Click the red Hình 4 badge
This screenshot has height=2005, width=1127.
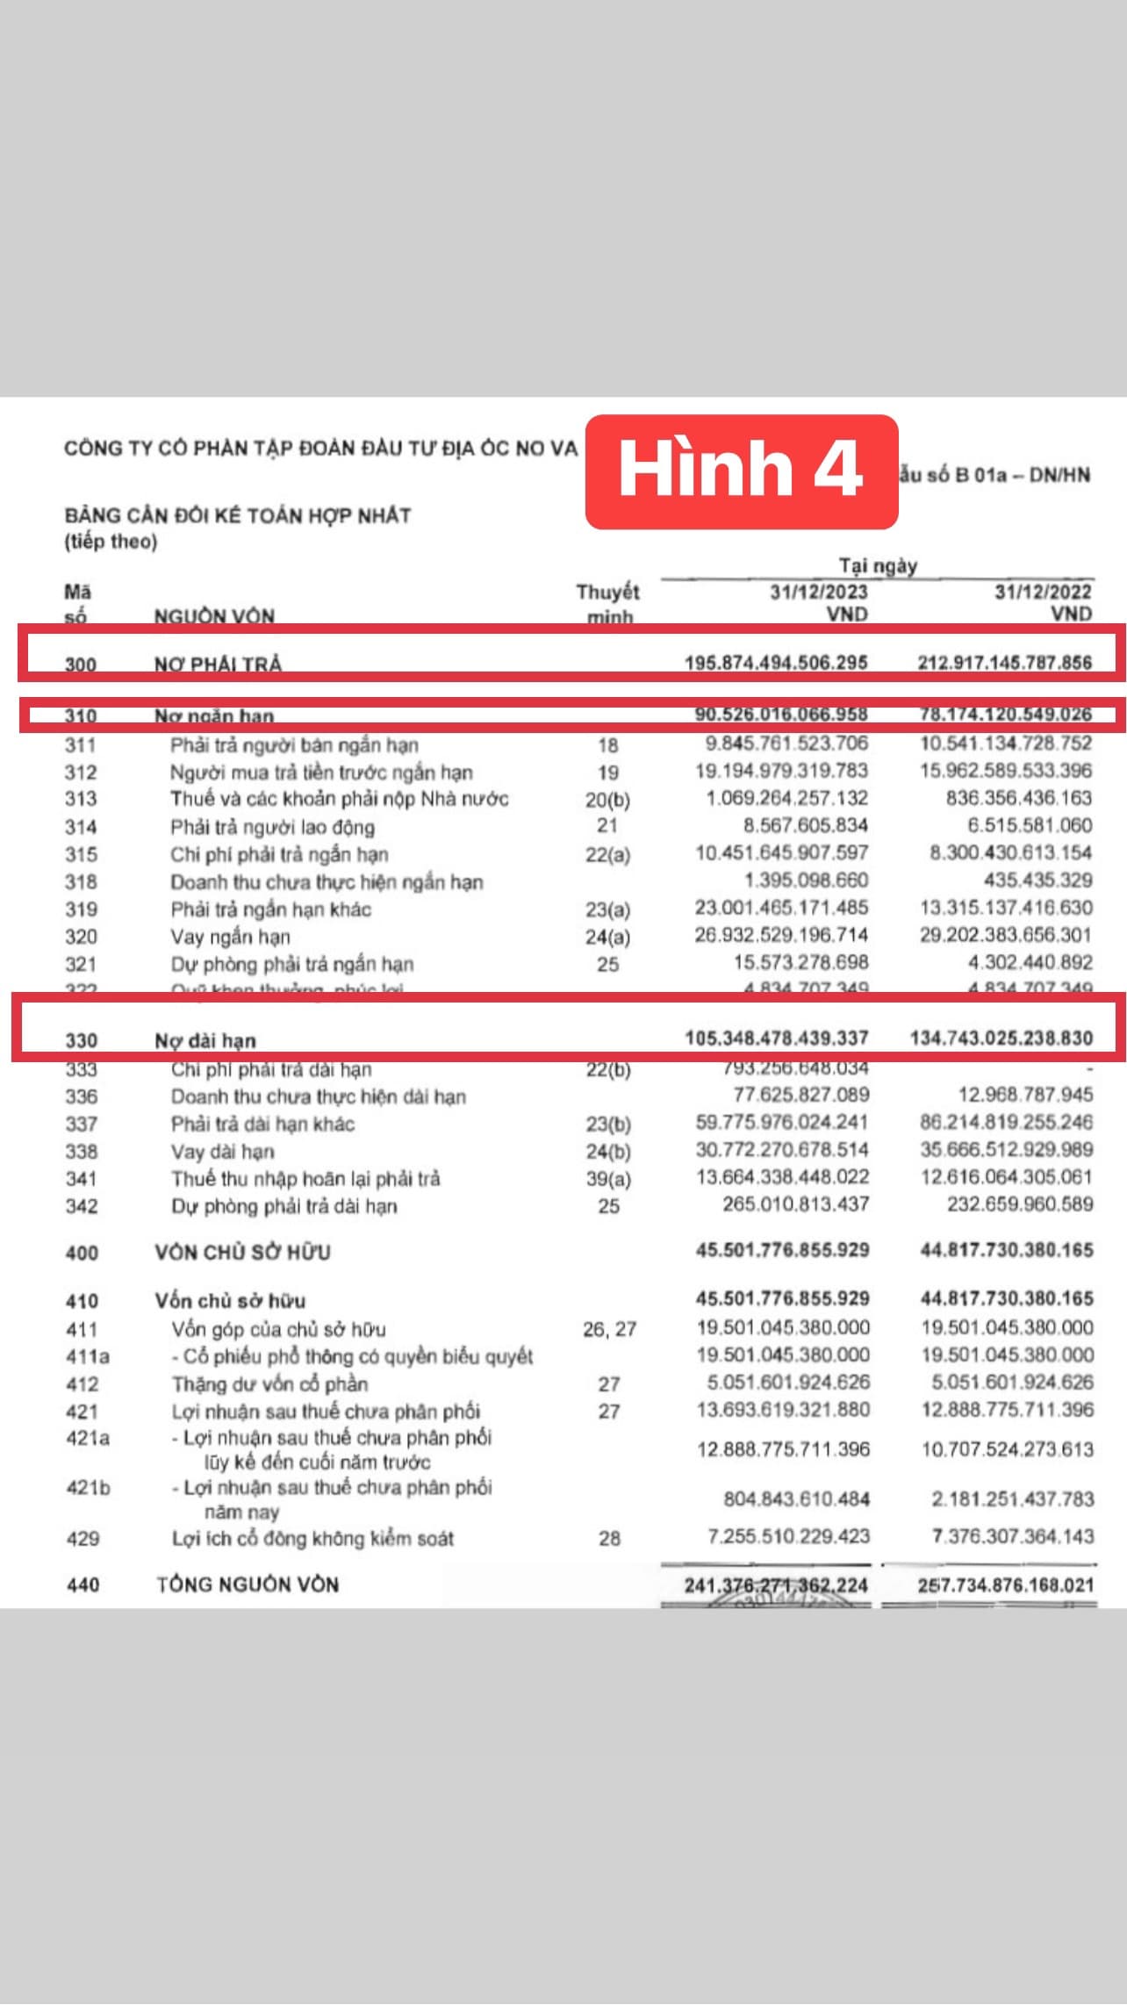tap(741, 471)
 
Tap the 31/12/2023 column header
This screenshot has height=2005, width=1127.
tap(818, 592)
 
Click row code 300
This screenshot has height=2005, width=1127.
tap(80, 665)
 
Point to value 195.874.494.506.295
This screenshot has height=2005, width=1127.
tap(776, 662)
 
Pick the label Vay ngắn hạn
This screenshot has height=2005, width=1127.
tap(230, 937)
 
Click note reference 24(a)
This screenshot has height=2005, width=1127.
tap(607, 937)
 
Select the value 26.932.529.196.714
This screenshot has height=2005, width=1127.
tap(781, 935)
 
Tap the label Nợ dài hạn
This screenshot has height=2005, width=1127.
tap(205, 1041)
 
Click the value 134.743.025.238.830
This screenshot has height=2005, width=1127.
tap(1001, 1038)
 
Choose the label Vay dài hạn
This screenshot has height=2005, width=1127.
tap(222, 1152)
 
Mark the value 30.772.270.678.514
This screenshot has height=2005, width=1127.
tap(782, 1150)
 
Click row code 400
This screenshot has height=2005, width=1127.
tap(82, 1253)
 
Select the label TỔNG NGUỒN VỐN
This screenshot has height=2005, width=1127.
tap(248, 1585)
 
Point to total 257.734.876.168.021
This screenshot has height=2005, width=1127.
tap(1006, 1585)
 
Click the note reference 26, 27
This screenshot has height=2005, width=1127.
tap(609, 1330)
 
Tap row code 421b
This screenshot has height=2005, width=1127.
tap(88, 1488)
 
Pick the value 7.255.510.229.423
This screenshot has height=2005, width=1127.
tap(788, 1536)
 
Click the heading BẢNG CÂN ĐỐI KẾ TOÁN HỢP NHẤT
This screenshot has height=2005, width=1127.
tap(238, 515)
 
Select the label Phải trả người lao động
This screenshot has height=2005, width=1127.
tap(272, 827)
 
